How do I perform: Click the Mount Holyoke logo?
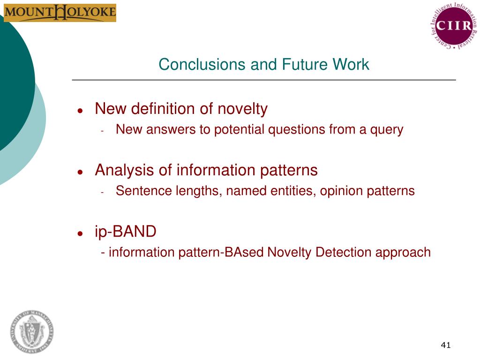[x=60, y=13]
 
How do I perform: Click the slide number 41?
[x=445, y=345]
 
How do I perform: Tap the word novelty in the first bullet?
[x=242, y=109]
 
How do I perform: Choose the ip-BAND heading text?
[x=125, y=232]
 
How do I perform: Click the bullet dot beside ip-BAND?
[x=81, y=233]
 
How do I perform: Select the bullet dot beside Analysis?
[x=81, y=172]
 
